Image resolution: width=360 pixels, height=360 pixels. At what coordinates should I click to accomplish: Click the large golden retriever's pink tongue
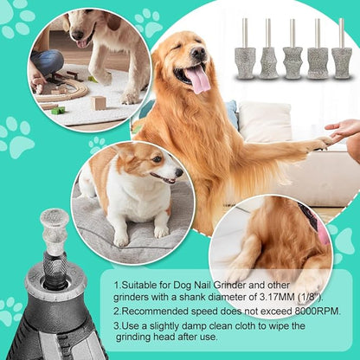click(199, 80)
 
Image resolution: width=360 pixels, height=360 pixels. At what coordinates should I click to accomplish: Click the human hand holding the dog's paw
click(344, 130)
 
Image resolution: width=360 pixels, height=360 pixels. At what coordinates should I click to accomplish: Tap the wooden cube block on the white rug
click(99, 102)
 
